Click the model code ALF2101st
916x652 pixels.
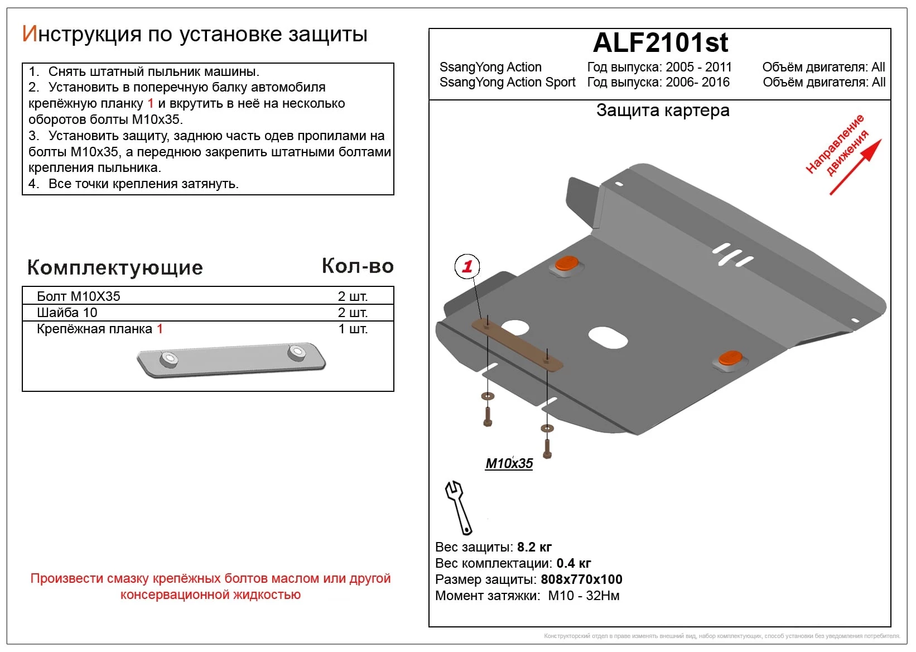pyautogui.click(x=661, y=43)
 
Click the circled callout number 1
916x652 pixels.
pyautogui.click(x=467, y=266)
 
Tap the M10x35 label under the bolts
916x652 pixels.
pyautogui.click(x=509, y=463)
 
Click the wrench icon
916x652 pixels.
pyautogui.click(x=459, y=507)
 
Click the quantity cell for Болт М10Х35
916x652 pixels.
pyautogui.click(x=353, y=296)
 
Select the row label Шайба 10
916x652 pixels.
pyautogui.click(x=67, y=313)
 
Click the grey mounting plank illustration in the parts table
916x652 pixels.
pyautogui.click(x=231, y=360)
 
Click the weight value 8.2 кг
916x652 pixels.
pyautogui.click(x=534, y=547)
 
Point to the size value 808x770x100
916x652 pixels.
pyautogui.click(x=581, y=579)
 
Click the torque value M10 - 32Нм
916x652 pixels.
pyautogui.click(x=584, y=596)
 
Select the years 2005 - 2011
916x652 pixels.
pyautogui.click(x=698, y=67)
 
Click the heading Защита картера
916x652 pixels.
pyautogui.click(x=663, y=111)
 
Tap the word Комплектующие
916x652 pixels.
pyautogui.click(x=115, y=267)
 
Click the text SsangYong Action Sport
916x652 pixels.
pyautogui.click(x=507, y=83)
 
